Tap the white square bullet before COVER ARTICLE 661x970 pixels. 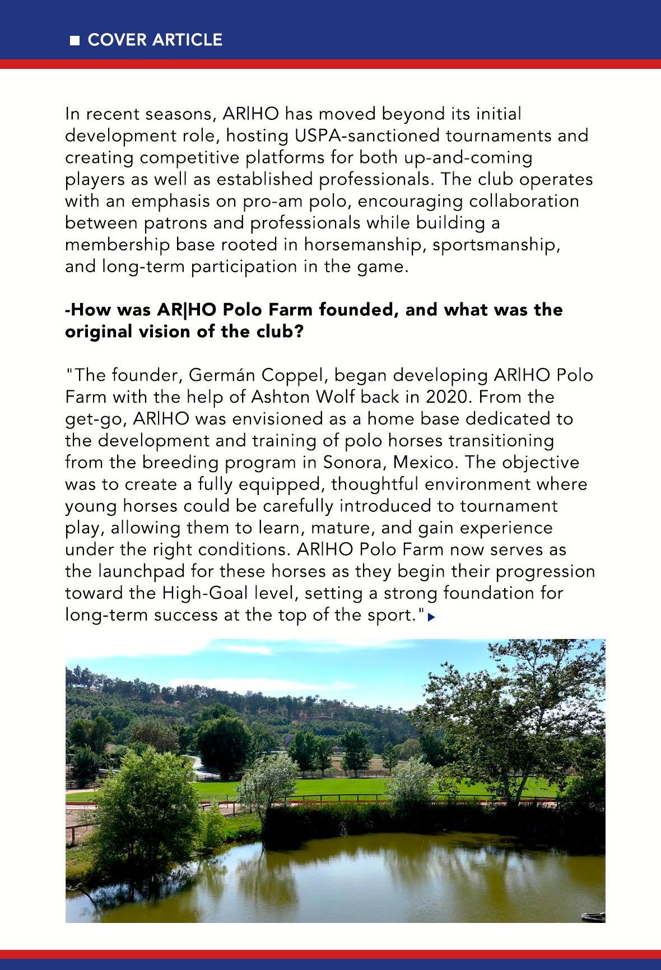[x=75, y=41]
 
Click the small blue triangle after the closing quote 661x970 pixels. [x=431, y=617]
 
